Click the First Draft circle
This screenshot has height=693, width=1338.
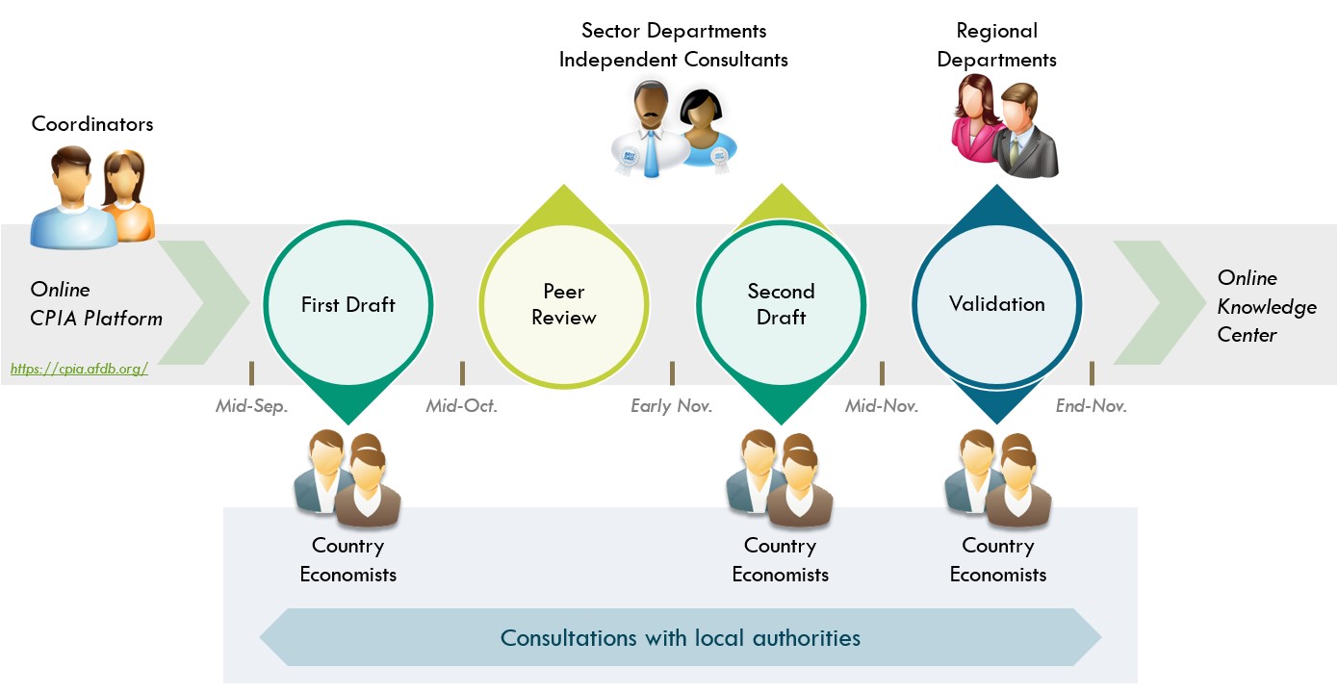347,305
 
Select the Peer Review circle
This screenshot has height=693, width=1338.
563,305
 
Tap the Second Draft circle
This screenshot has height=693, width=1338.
781,305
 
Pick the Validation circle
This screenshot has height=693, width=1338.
996,305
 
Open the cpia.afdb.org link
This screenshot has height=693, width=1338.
79,369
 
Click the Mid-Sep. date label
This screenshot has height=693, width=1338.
251,406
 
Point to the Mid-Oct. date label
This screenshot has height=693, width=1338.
462,406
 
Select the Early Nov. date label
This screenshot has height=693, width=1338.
671,406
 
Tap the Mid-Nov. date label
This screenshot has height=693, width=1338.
882,406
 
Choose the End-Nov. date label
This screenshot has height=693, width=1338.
1091,406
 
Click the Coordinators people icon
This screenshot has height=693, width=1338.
92,196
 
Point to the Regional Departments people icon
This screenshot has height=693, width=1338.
1005,128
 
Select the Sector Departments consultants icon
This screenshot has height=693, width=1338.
674,128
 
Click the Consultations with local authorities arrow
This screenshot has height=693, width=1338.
681,637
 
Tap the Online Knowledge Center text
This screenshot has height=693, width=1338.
1266,306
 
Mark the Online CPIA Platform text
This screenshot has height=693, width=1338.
96,304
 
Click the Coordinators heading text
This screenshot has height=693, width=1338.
92,124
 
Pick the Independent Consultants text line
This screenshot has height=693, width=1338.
674,60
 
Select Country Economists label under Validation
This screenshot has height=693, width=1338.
997,560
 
